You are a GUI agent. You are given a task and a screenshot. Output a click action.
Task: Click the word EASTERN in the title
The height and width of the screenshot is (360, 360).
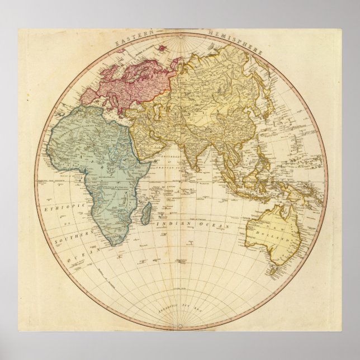132,40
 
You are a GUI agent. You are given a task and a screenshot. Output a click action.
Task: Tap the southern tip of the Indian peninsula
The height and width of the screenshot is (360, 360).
195,169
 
